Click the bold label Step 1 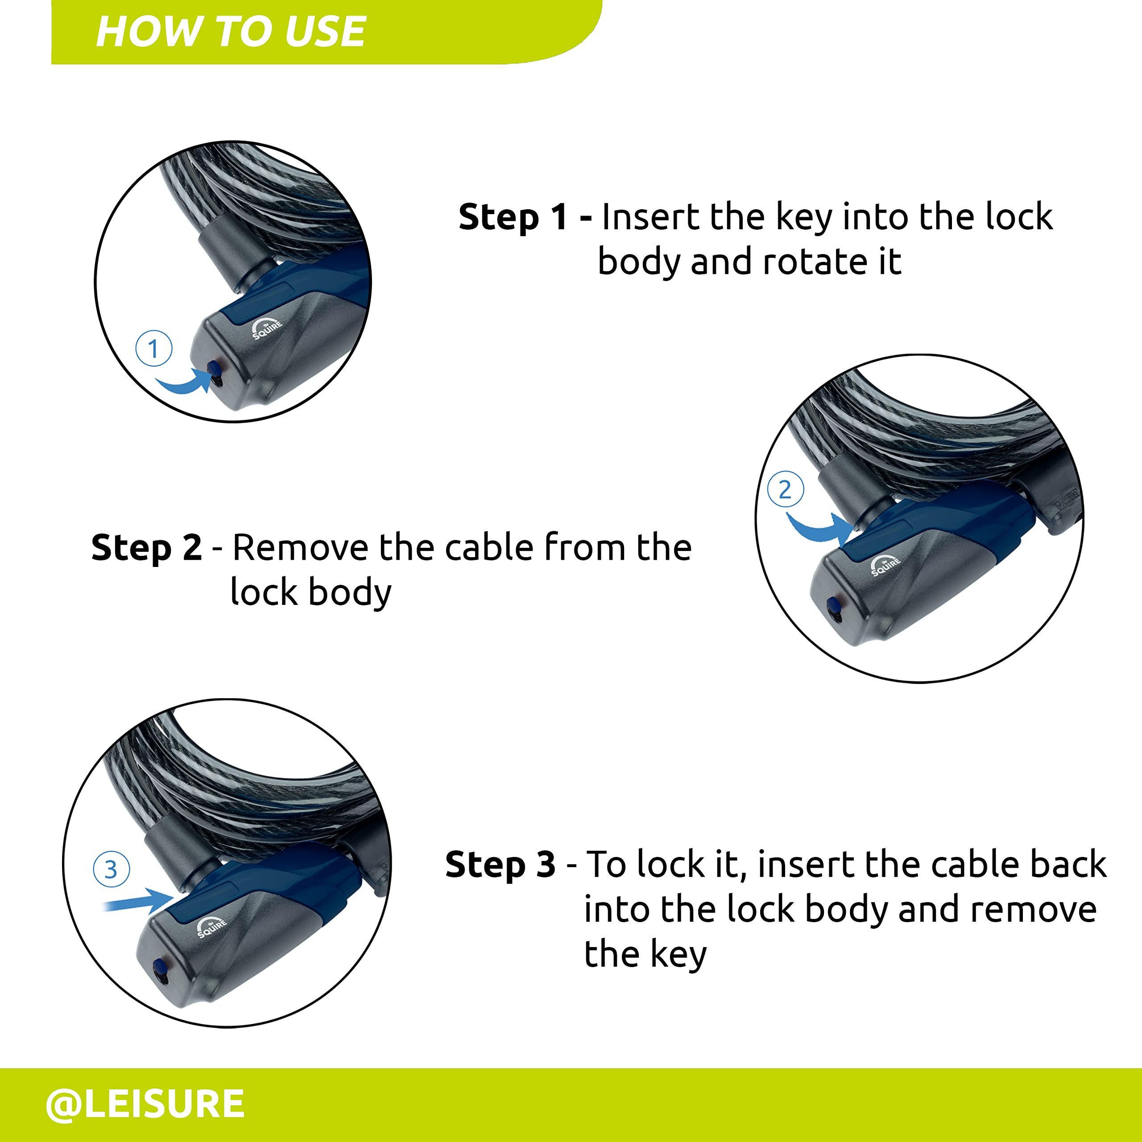pos(513,217)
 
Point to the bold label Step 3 pos(500,865)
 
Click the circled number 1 pos(154,348)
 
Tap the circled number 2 pos(785,489)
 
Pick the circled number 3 pos(111,869)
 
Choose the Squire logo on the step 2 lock pos(885,566)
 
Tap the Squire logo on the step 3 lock pos(211,927)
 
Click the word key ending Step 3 pos(678,953)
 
